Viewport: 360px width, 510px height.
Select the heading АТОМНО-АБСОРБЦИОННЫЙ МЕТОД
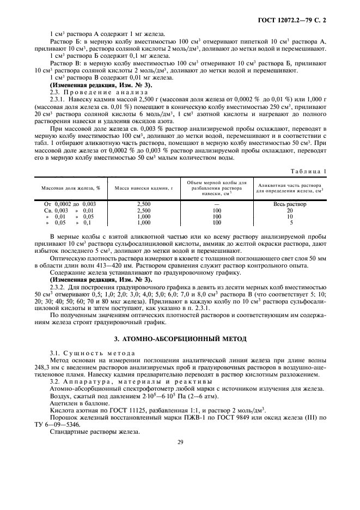coord(180,339)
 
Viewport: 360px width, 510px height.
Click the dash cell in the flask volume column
coord(217,204)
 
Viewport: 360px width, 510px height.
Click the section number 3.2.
coord(56,381)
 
